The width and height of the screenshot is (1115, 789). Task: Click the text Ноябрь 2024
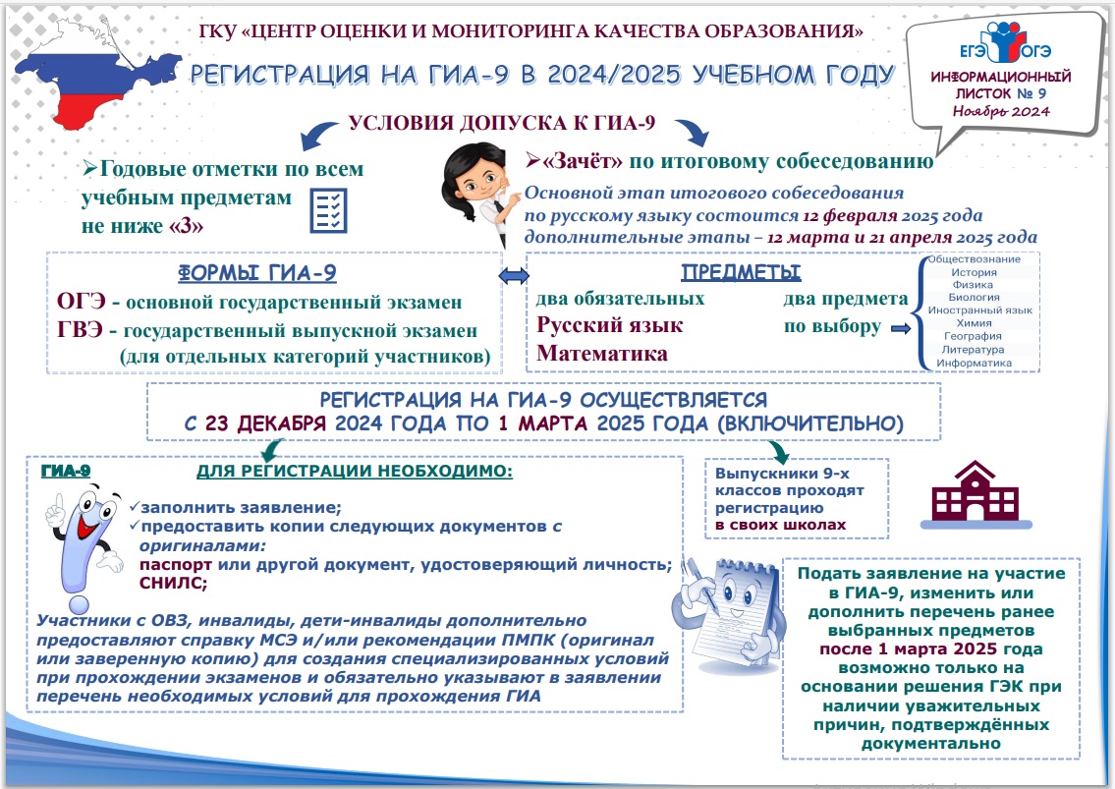coord(1000,111)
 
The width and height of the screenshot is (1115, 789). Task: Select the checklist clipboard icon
coord(327,209)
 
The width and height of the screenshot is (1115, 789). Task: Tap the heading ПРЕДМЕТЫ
coord(741,272)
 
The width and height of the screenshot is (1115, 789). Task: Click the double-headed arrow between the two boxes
coord(514,278)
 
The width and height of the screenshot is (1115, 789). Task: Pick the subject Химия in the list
coord(973,322)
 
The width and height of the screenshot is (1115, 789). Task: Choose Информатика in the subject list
coord(973,363)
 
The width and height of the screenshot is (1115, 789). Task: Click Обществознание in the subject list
coord(973,259)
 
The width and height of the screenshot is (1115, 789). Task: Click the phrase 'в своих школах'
coord(780,526)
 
